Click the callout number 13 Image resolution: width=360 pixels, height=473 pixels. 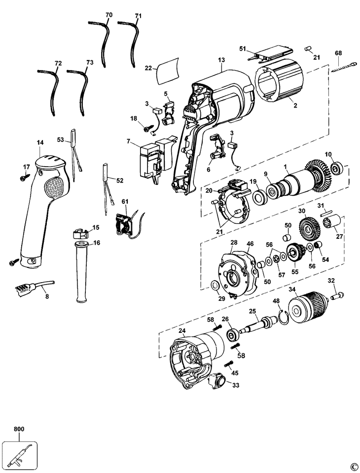coord(220,61)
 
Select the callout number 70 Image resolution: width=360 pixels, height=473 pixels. coord(108,15)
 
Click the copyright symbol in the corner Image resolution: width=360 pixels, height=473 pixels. coord(353,466)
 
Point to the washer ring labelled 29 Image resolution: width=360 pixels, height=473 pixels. coord(215,286)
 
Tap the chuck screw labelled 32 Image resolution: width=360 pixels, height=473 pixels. coord(338,296)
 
